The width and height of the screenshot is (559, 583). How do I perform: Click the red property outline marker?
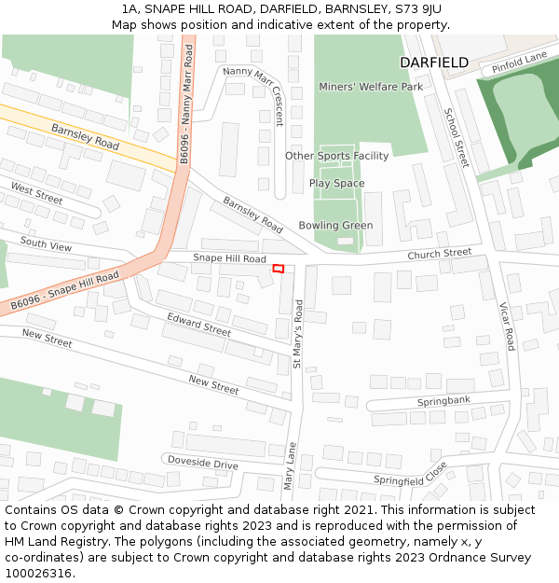point(277,269)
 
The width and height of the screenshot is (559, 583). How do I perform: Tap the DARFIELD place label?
point(433,62)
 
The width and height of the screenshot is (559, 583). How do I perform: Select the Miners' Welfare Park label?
point(371,87)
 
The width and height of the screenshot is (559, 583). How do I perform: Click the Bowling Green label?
point(335,226)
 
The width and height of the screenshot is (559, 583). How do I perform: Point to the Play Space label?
point(336,184)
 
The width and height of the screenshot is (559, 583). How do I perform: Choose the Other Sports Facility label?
point(336,156)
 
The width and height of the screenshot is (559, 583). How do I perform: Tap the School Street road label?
point(456,137)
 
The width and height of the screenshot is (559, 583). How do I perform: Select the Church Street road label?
point(440,254)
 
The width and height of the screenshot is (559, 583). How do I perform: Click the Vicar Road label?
point(507,326)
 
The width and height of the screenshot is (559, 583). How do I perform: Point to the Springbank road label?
point(443,401)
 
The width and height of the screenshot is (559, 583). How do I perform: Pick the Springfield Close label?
point(411,474)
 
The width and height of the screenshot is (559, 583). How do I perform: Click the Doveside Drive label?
point(202,463)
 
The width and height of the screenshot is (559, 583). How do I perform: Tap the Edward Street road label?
point(198,325)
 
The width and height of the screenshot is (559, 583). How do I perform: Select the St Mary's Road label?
point(298,333)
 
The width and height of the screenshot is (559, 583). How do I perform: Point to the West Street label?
point(36,193)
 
